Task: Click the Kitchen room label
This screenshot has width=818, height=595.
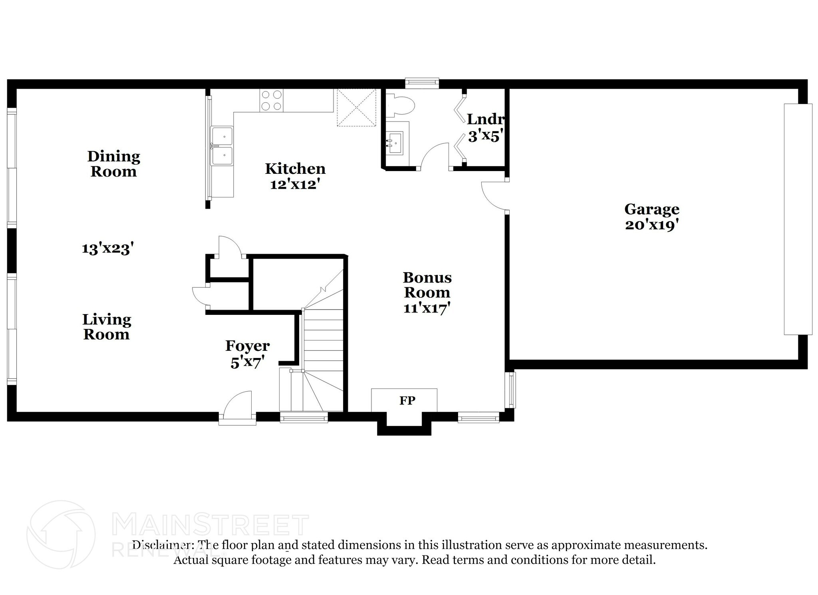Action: pos(295,169)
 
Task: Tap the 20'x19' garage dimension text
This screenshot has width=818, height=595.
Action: pos(652,225)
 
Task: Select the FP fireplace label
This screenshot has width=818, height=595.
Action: pos(407,400)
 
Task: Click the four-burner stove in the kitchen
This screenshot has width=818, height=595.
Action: pos(271,100)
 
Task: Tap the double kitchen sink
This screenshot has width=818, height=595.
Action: pos(222,146)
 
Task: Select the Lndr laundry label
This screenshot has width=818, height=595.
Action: pos(485,119)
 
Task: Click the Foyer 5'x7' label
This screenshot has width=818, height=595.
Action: pos(247,354)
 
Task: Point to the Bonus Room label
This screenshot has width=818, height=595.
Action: pos(427,285)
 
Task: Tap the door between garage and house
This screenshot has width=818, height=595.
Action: pos(494,195)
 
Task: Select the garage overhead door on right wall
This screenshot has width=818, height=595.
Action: pos(798,219)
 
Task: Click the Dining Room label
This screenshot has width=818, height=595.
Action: pos(114,164)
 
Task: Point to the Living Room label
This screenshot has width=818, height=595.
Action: pos(107,327)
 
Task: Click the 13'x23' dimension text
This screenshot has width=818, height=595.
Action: pos(107,249)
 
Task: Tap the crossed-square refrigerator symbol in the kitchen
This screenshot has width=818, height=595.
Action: pos(356,107)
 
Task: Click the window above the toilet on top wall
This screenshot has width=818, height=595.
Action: pos(422,83)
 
